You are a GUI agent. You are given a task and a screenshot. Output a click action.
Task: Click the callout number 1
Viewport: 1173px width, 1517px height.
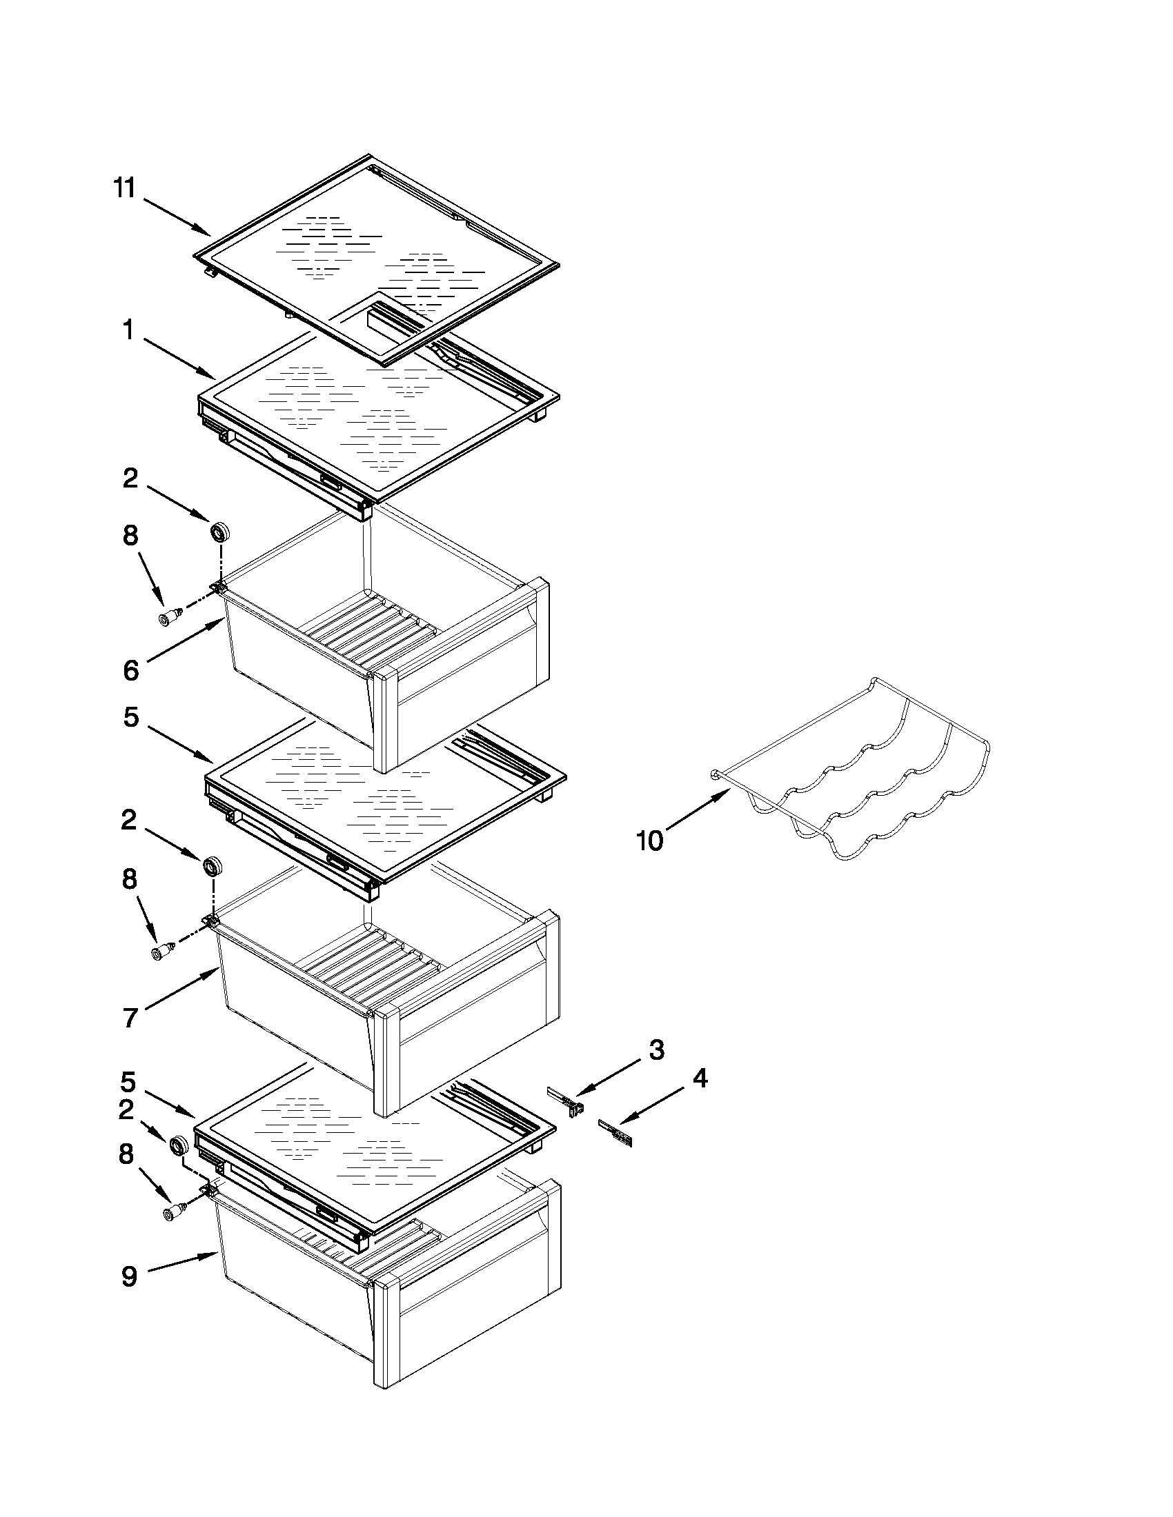(128, 330)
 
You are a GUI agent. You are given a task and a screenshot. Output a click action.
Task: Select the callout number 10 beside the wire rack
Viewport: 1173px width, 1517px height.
(651, 841)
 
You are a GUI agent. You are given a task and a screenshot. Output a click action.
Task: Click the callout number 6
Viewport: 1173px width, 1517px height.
(130, 670)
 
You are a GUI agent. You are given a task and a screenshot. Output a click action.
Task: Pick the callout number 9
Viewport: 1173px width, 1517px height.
(130, 1276)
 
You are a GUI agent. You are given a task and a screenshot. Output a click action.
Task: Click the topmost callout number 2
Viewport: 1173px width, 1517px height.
(130, 479)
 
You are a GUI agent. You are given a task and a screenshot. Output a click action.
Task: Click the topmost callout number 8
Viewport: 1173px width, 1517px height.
(130, 536)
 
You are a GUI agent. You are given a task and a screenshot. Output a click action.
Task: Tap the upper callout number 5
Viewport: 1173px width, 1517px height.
(130, 717)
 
